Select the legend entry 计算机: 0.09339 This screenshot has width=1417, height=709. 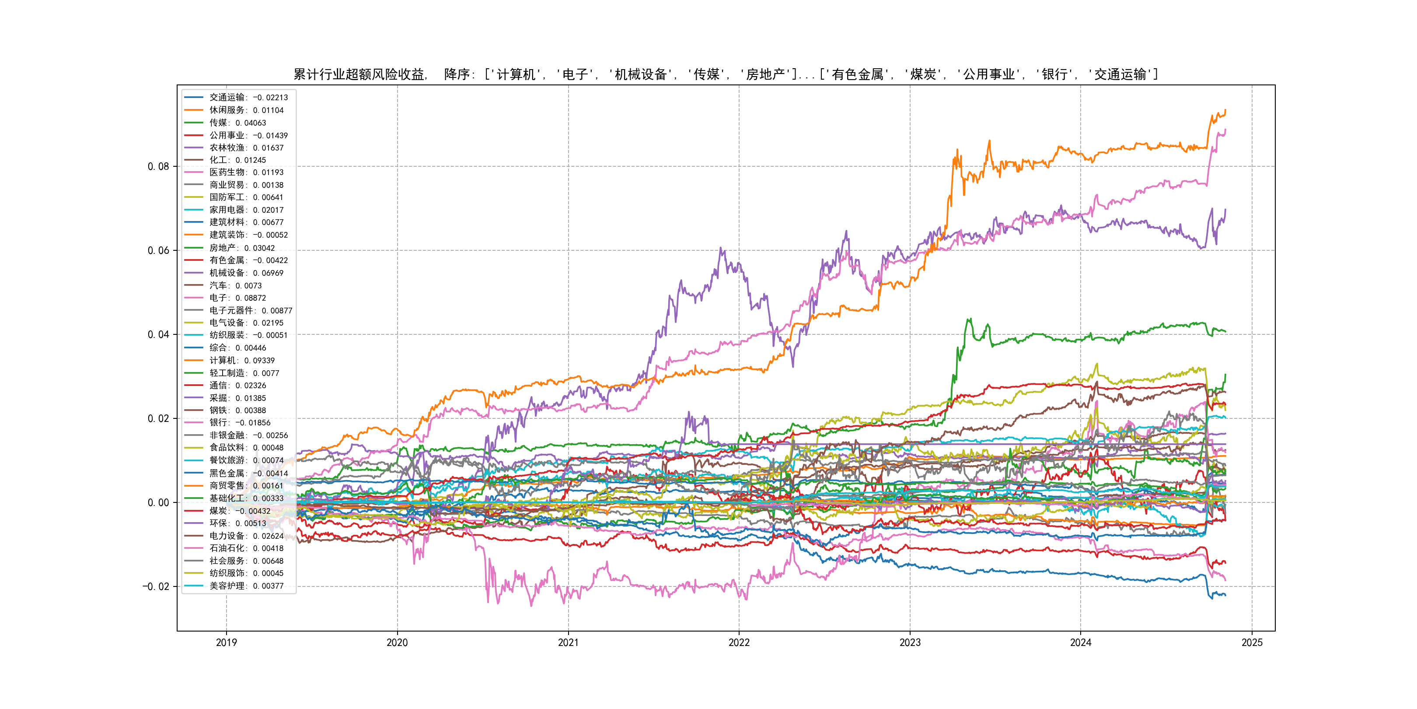click(x=241, y=361)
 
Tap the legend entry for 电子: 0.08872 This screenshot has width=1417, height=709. click(x=237, y=298)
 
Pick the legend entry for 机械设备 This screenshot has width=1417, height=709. click(x=246, y=273)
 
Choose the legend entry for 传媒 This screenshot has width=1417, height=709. click(x=237, y=123)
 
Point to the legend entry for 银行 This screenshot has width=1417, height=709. click(x=239, y=423)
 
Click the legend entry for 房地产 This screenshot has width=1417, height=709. click(x=241, y=248)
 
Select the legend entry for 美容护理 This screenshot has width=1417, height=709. click(x=246, y=586)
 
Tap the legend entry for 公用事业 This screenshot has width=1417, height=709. click(x=248, y=135)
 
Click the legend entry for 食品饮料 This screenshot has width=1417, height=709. click(x=246, y=448)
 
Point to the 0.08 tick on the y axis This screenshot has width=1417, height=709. click(x=158, y=166)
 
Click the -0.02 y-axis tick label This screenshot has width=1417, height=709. click(x=156, y=586)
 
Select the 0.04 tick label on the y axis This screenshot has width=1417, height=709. click(x=158, y=334)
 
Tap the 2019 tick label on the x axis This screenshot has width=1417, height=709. click(x=226, y=642)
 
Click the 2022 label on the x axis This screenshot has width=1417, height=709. click(x=739, y=642)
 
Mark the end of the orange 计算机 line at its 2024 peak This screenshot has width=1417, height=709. click(x=1225, y=110)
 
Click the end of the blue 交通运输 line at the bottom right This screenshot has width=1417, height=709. click(x=1225, y=595)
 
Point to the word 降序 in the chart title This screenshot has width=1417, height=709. click(x=457, y=74)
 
